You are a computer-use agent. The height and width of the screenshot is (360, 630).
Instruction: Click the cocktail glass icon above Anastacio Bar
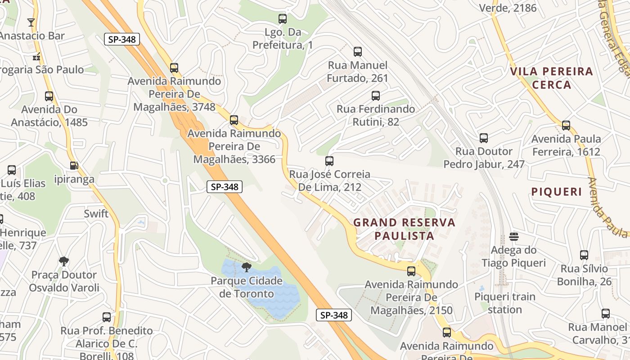pos(31,22)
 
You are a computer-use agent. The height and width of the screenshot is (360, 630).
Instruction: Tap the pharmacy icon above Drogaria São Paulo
pos(37,57)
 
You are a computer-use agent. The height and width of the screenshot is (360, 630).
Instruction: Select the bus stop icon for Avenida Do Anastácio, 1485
pos(49,96)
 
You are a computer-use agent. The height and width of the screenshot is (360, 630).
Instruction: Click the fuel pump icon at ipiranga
pos(74,166)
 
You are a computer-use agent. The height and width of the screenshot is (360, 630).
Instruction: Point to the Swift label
pos(96,213)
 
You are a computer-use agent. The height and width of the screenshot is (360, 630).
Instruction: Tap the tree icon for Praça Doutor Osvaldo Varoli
pos(64,261)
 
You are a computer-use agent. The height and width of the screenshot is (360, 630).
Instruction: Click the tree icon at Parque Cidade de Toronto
pos(246,267)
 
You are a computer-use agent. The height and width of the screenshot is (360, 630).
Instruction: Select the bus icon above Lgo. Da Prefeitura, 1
pos(283,19)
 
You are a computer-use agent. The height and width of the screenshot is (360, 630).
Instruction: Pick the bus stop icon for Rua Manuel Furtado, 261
pos(358,52)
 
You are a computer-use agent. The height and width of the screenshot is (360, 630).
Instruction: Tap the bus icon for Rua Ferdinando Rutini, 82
pos(376,96)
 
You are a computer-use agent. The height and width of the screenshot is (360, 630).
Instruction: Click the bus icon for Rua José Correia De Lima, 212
pos(329,161)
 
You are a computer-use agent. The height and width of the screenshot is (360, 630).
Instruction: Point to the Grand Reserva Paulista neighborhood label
pos(404,229)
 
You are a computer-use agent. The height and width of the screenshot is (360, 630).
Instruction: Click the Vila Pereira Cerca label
pos(551,78)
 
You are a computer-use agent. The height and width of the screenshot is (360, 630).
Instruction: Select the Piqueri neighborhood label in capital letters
pos(557,192)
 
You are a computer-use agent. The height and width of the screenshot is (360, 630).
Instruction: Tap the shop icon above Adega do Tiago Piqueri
pos(514,237)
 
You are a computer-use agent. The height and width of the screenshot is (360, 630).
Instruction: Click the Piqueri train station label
pos(505,303)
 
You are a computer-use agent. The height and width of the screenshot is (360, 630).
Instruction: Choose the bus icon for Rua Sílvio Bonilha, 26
pos(584,255)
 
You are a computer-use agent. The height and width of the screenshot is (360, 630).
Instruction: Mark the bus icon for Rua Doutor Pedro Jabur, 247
pos(484,138)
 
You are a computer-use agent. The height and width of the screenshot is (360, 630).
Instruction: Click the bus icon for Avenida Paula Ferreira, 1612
pos(566,126)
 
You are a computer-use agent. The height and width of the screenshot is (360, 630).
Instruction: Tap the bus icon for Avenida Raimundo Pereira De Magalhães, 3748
pos(174,68)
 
